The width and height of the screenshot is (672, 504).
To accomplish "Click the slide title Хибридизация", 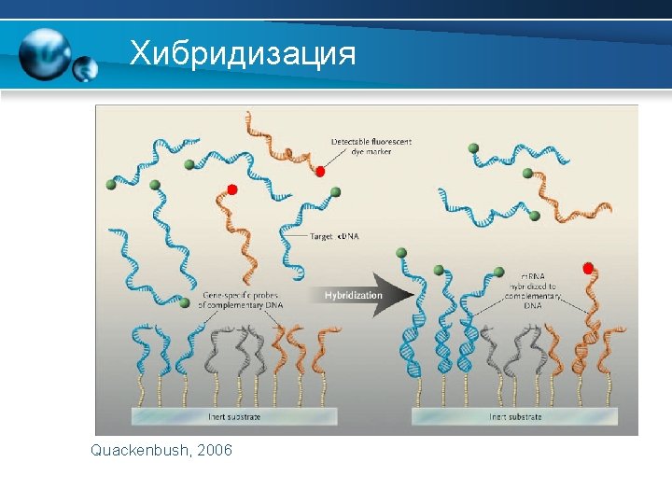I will [243, 52].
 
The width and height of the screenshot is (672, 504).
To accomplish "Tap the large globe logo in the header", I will [45, 52].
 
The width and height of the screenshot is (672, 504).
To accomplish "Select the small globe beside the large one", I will [86, 69].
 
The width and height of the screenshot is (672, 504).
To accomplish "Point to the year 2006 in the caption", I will [215, 451].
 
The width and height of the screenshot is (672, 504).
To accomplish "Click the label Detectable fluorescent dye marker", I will [371, 147].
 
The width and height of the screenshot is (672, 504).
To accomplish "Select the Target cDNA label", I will [334, 236].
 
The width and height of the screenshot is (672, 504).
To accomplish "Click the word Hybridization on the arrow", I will [354, 296].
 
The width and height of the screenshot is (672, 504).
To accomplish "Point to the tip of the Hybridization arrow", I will [413, 296].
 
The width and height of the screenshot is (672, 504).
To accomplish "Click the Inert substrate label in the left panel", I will [228, 417].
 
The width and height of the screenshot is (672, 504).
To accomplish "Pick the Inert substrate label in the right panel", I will [515, 417].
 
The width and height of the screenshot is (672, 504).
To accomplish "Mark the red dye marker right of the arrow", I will [588, 269].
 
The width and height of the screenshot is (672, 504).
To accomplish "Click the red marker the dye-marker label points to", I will [320, 172].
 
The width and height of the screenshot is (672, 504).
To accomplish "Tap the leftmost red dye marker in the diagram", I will [232, 189].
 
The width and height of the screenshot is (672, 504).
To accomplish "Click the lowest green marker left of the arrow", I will [184, 329].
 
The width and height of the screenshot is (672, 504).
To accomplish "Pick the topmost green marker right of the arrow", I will [474, 147].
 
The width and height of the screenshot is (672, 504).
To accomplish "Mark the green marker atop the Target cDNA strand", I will [335, 192].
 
